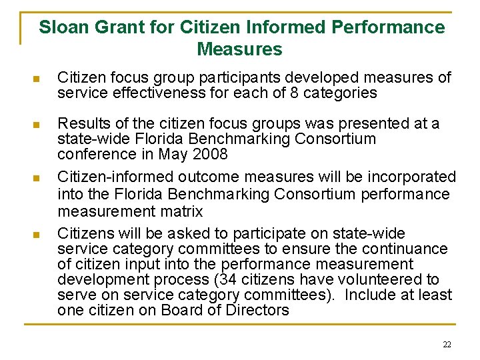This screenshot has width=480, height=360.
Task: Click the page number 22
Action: click(x=447, y=344)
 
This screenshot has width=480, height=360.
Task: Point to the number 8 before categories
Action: click(x=293, y=93)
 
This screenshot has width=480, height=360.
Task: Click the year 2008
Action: click(x=212, y=154)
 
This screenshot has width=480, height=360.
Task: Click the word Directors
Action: click(x=256, y=310)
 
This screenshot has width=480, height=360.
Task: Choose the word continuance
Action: click(x=406, y=249)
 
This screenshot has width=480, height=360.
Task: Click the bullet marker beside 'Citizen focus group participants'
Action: click(x=37, y=79)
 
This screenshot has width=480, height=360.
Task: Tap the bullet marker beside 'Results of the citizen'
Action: click(x=37, y=124)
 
